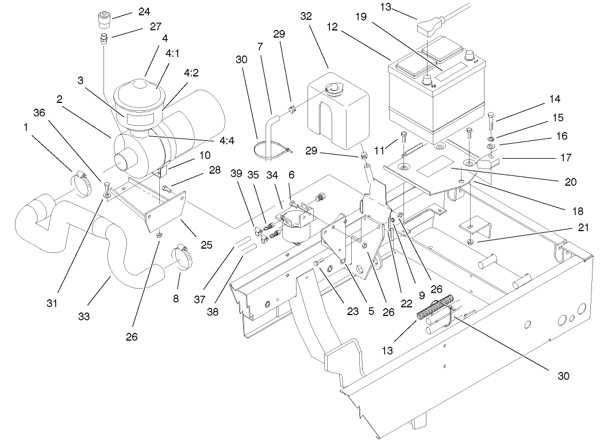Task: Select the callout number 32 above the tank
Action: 306,16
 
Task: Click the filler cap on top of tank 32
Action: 330,88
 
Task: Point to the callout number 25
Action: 206,244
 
